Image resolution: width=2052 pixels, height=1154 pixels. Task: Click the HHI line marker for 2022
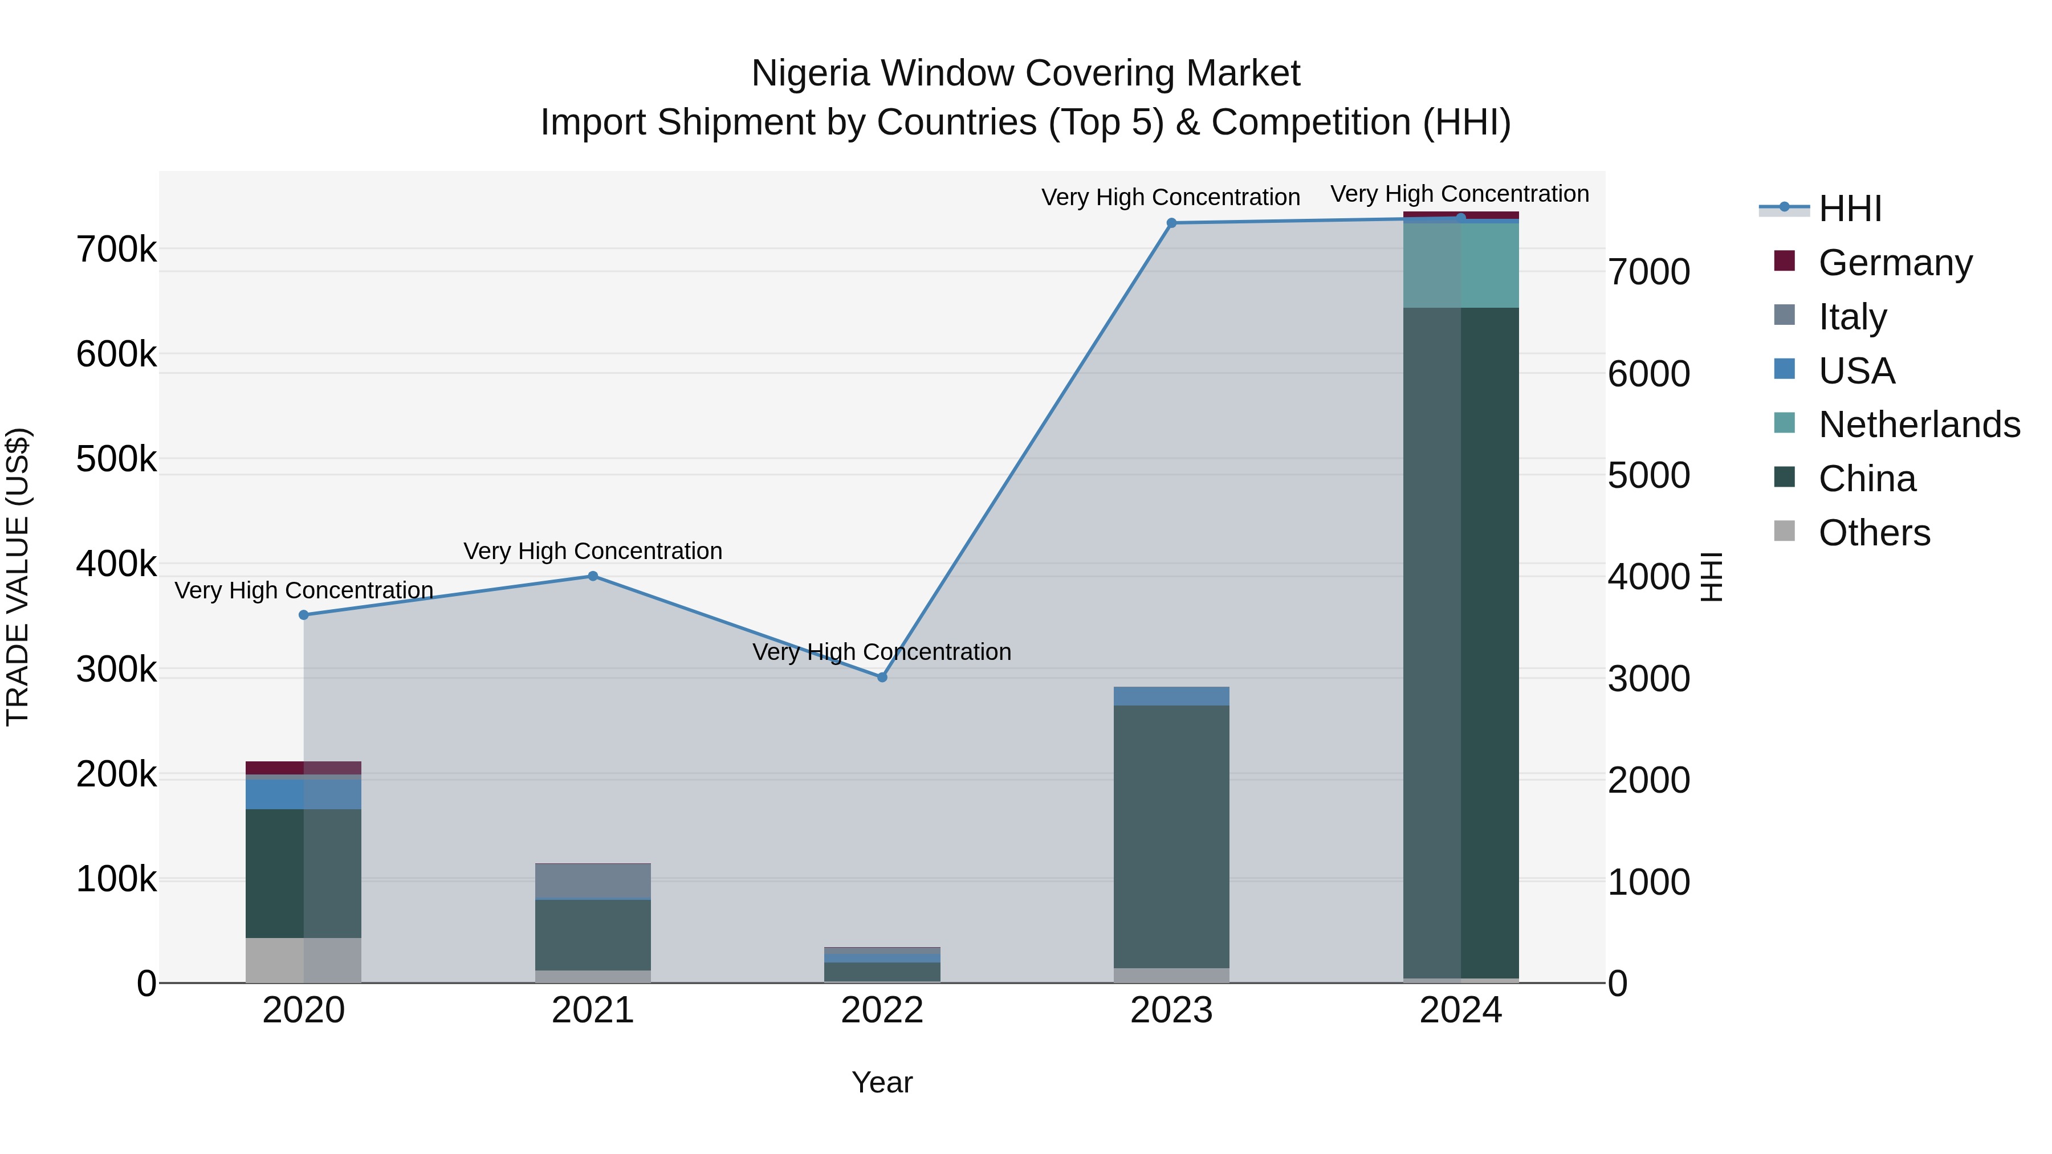[x=882, y=677]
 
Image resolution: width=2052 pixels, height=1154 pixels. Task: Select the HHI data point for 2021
[x=593, y=576]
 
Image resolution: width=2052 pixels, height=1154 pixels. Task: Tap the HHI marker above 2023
[x=1171, y=223]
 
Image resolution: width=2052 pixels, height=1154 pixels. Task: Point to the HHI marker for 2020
[x=303, y=615]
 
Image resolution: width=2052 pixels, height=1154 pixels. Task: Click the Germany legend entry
[x=1894, y=262]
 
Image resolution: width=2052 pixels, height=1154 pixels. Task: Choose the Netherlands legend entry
[x=1918, y=425]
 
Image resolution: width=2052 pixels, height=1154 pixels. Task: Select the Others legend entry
[x=1874, y=532]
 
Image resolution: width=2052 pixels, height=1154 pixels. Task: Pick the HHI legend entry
[x=1850, y=209]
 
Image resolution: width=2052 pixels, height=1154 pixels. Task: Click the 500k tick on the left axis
[x=116, y=459]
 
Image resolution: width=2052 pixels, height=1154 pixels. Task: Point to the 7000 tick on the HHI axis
[x=1648, y=272]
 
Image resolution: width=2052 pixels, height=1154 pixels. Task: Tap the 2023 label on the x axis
[x=1171, y=1010]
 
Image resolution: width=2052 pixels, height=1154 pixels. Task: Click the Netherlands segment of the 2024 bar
[x=1460, y=265]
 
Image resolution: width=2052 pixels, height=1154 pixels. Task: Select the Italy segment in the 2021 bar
[x=593, y=881]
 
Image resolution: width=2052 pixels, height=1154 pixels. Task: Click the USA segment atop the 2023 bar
[x=1171, y=696]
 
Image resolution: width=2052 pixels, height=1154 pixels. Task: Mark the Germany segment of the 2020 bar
[x=303, y=768]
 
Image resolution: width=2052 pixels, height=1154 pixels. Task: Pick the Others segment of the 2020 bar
[x=303, y=960]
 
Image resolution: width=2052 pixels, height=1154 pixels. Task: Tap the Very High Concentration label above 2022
[x=882, y=651]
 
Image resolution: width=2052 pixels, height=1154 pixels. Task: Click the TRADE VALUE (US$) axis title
[x=18, y=577]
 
